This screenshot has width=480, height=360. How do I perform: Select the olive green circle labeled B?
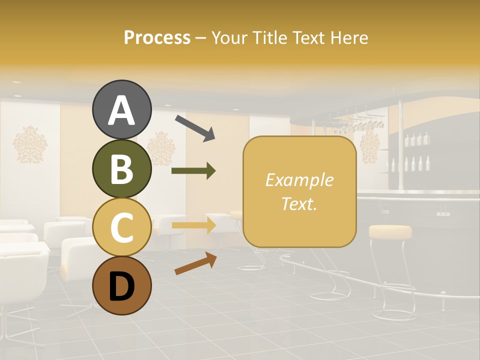point(121,168)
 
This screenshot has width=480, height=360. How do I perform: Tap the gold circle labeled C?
point(121,227)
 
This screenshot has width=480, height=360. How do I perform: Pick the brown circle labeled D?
point(121,286)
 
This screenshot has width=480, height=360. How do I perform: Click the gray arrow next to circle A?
point(194,127)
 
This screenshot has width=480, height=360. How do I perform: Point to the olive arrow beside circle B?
point(193,171)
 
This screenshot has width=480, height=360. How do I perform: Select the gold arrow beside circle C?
point(193,225)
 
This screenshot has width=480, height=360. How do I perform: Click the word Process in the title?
point(157,37)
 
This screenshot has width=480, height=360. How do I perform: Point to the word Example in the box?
point(299,180)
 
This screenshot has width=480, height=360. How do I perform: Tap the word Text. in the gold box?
point(299,203)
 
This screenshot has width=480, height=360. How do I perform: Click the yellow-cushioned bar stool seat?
point(390,231)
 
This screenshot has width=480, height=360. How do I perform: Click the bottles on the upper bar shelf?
point(416,139)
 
